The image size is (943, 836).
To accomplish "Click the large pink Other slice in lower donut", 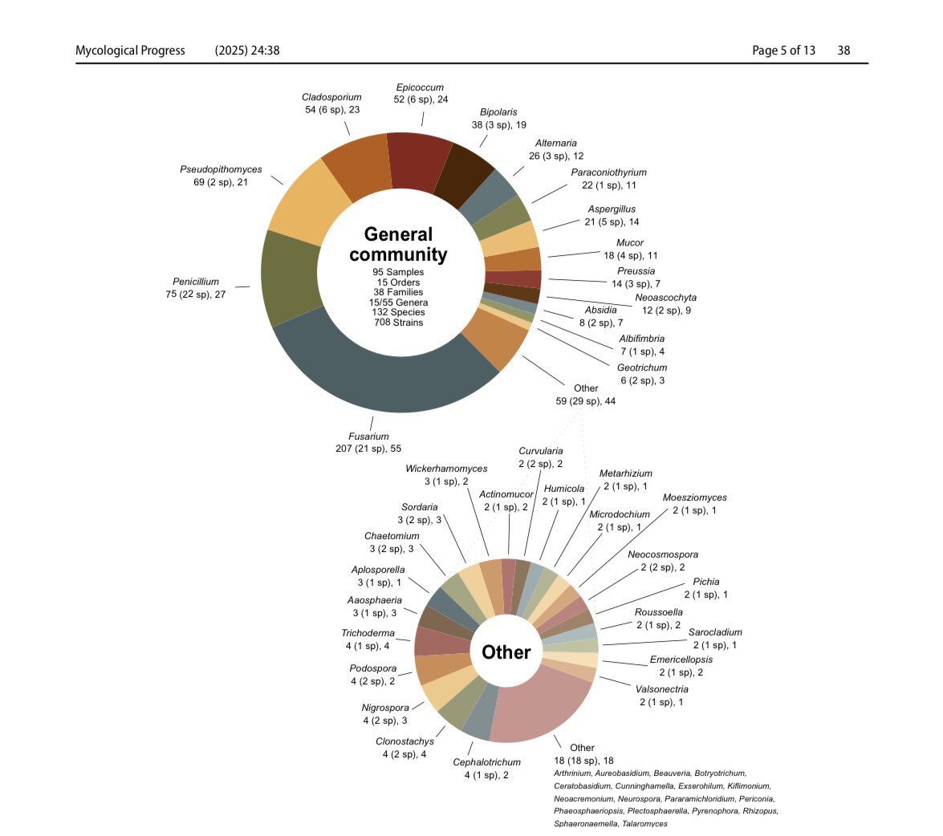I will (x=540, y=706).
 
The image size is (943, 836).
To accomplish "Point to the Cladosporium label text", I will (x=331, y=97).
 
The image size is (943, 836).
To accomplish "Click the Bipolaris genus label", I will (x=498, y=112).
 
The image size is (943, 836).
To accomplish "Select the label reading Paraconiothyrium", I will (x=608, y=172).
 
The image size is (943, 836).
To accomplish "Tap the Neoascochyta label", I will (x=665, y=298).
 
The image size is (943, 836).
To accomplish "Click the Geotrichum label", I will (x=641, y=367).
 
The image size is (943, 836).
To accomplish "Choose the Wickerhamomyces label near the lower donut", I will (x=446, y=469).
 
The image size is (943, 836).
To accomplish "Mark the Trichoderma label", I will (x=368, y=633).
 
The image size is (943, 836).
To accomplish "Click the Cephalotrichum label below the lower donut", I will (x=486, y=762).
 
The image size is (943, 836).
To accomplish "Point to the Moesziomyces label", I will (x=694, y=497).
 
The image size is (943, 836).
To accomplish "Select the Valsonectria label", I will (x=661, y=689).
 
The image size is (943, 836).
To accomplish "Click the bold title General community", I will (x=398, y=244).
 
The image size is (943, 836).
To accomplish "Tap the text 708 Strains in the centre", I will (x=398, y=323).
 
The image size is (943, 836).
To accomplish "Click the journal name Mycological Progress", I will (x=130, y=51).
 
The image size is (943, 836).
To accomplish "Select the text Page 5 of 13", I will (x=783, y=51).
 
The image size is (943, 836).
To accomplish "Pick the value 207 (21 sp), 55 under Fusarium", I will (x=368, y=448).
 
